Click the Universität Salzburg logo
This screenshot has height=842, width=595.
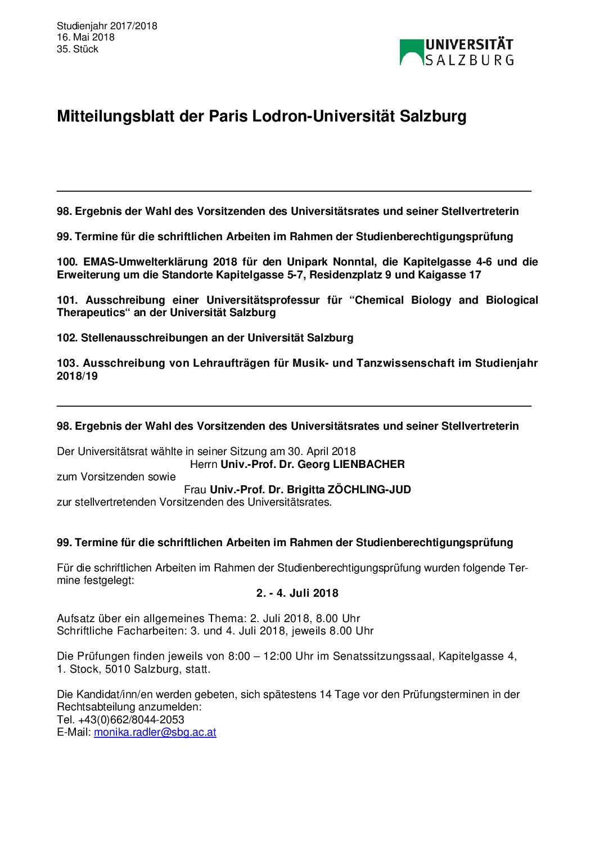(x=456, y=52)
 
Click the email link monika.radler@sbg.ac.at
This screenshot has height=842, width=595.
(x=155, y=732)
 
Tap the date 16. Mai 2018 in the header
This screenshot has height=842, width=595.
(x=85, y=37)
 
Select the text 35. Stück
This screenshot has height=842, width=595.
(x=78, y=49)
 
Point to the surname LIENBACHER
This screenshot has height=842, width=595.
(x=368, y=465)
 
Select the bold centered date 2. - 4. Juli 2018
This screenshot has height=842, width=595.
(x=297, y=593)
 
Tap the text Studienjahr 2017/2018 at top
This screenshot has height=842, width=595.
(x=107, y=26)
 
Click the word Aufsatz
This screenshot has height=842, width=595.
(x=75, y=619)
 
